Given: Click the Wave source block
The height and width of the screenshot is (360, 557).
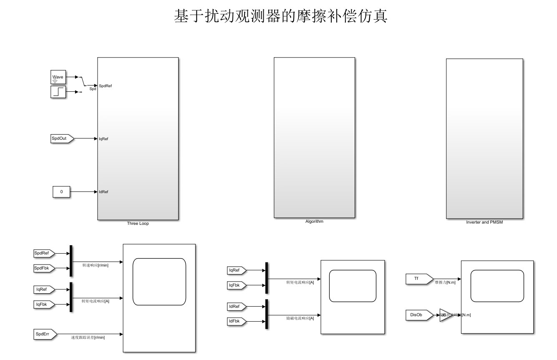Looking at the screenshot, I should (x=58, y=77).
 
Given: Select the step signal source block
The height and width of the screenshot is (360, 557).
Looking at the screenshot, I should (x=58, y=92).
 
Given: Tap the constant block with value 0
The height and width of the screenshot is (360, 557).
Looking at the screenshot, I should (x=61, y=192).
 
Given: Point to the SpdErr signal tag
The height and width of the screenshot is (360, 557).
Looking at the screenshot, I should (x=43, y=334).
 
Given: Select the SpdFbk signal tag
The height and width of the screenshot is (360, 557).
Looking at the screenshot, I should (x=44, y=268).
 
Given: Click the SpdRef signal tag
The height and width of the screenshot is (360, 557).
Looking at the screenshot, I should (x=44, y=253).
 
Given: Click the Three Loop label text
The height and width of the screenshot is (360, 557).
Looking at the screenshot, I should (x=138, y=224).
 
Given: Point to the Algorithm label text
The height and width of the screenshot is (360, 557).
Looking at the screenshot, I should (x=314, y=222).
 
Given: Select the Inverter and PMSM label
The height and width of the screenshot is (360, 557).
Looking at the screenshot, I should (x=484, y=222).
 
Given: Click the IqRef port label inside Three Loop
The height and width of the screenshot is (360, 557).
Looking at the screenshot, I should (x=103, y=139).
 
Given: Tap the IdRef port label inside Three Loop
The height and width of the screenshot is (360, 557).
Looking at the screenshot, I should (x=103, y=192).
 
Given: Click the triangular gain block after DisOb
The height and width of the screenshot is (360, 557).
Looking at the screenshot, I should (x=445, y=315).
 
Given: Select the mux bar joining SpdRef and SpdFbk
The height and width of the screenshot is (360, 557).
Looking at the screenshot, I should (x=71, y=261).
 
